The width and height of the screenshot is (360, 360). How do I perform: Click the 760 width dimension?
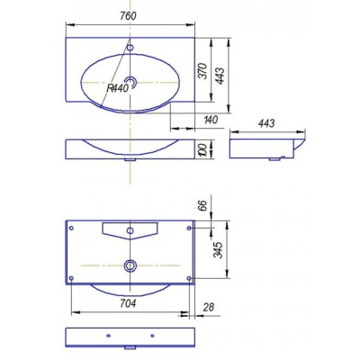pos(128,15)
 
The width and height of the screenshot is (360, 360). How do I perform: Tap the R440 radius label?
pos(118,88)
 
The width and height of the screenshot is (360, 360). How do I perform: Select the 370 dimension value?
pos(203,71)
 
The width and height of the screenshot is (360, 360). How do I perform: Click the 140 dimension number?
pos(211,120)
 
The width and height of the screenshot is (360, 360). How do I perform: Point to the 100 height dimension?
pos(202,149)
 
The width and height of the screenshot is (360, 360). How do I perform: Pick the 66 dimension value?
pos(203,205)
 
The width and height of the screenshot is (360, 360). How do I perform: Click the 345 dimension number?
pos(218,249)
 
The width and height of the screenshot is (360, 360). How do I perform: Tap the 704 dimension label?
pos(128,303)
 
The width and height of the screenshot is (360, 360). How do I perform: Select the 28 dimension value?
pos(208,307)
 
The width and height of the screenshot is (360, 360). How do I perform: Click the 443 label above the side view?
pos(266,123)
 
